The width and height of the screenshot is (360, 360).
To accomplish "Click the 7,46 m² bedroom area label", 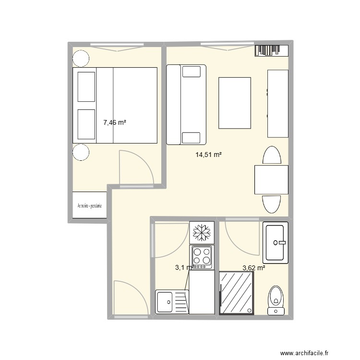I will click(x=115, y=123).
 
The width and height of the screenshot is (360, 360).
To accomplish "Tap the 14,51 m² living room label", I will click(x=208, y=155).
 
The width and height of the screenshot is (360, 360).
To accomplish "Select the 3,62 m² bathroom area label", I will click(x=254, y=268).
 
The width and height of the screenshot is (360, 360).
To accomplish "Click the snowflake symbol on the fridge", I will click(x=202, y=233).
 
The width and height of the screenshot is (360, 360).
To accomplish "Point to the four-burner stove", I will click(x=202, y=257).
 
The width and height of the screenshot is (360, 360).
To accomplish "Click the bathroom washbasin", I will click(x=276, y=242).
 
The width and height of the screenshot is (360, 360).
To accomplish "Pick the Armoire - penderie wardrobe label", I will click(x=89, y=205).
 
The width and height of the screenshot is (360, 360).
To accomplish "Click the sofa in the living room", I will click(x=186, y=105).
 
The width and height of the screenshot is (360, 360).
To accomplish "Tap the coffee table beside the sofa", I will click(x=235, y=103).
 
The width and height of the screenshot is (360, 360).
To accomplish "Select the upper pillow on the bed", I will click(x=86, y=87).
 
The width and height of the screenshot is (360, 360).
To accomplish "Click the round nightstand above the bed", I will click(x=80, y=58).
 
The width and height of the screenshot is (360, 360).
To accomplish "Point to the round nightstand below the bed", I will click(x=80, y=153).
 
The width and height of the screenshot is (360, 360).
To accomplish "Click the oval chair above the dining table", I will click(x=272, y=156).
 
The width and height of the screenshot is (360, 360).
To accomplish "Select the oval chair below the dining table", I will click(x=272, y=204).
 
